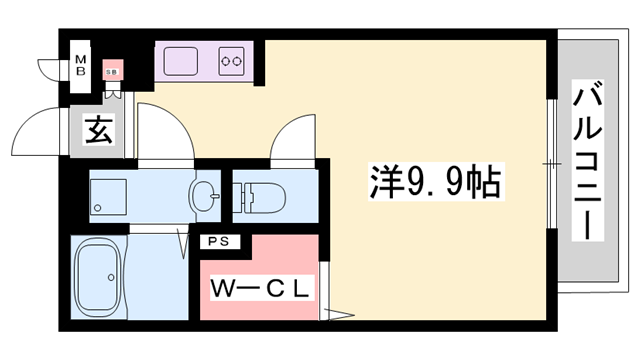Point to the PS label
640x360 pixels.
(x=217, y=241)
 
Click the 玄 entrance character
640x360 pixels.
(x=98, y=131)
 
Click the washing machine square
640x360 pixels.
(x=107, y=196)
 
